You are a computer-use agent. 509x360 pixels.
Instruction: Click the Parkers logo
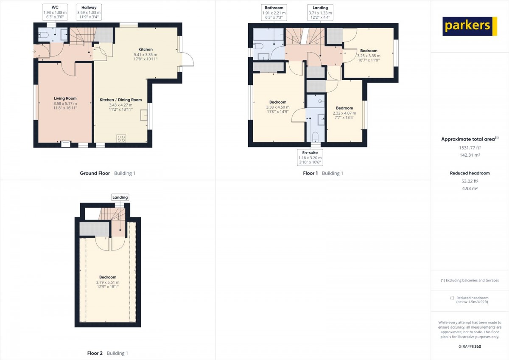pos(470,26)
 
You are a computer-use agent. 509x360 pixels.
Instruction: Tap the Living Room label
pos(65,98)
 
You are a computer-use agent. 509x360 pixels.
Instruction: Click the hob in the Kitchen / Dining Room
pos(121,138)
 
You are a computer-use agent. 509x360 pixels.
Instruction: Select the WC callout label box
pos(55,12)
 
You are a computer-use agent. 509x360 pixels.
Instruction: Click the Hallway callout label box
pos(89,12)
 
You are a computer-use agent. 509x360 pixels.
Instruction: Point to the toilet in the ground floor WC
pos(44,35)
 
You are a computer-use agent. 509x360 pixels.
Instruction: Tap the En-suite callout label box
pos(310,157)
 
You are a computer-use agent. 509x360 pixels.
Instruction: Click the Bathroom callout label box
pos(274,12)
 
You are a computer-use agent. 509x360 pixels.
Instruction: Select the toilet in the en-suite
pos(315,137)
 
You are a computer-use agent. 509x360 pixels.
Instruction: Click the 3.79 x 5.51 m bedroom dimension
pos(108,282)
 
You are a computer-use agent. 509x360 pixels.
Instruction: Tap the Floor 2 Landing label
pos(120,197)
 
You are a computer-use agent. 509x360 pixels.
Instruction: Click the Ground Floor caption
pos(95,173)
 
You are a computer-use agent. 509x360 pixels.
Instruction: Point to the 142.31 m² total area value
pos(470,155)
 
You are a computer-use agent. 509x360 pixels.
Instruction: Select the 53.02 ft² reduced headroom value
pos(470,181)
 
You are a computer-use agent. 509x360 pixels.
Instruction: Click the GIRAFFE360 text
pos(470,346)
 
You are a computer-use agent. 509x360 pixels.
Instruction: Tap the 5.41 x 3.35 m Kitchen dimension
pos(145,55)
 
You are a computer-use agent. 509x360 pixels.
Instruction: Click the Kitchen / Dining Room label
pos(120,100)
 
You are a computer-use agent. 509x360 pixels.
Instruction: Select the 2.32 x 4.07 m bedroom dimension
pos(344,113)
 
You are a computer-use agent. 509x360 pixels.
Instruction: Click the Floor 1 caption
pos(310,173)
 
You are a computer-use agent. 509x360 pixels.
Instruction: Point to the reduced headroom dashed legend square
pos(452,298)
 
